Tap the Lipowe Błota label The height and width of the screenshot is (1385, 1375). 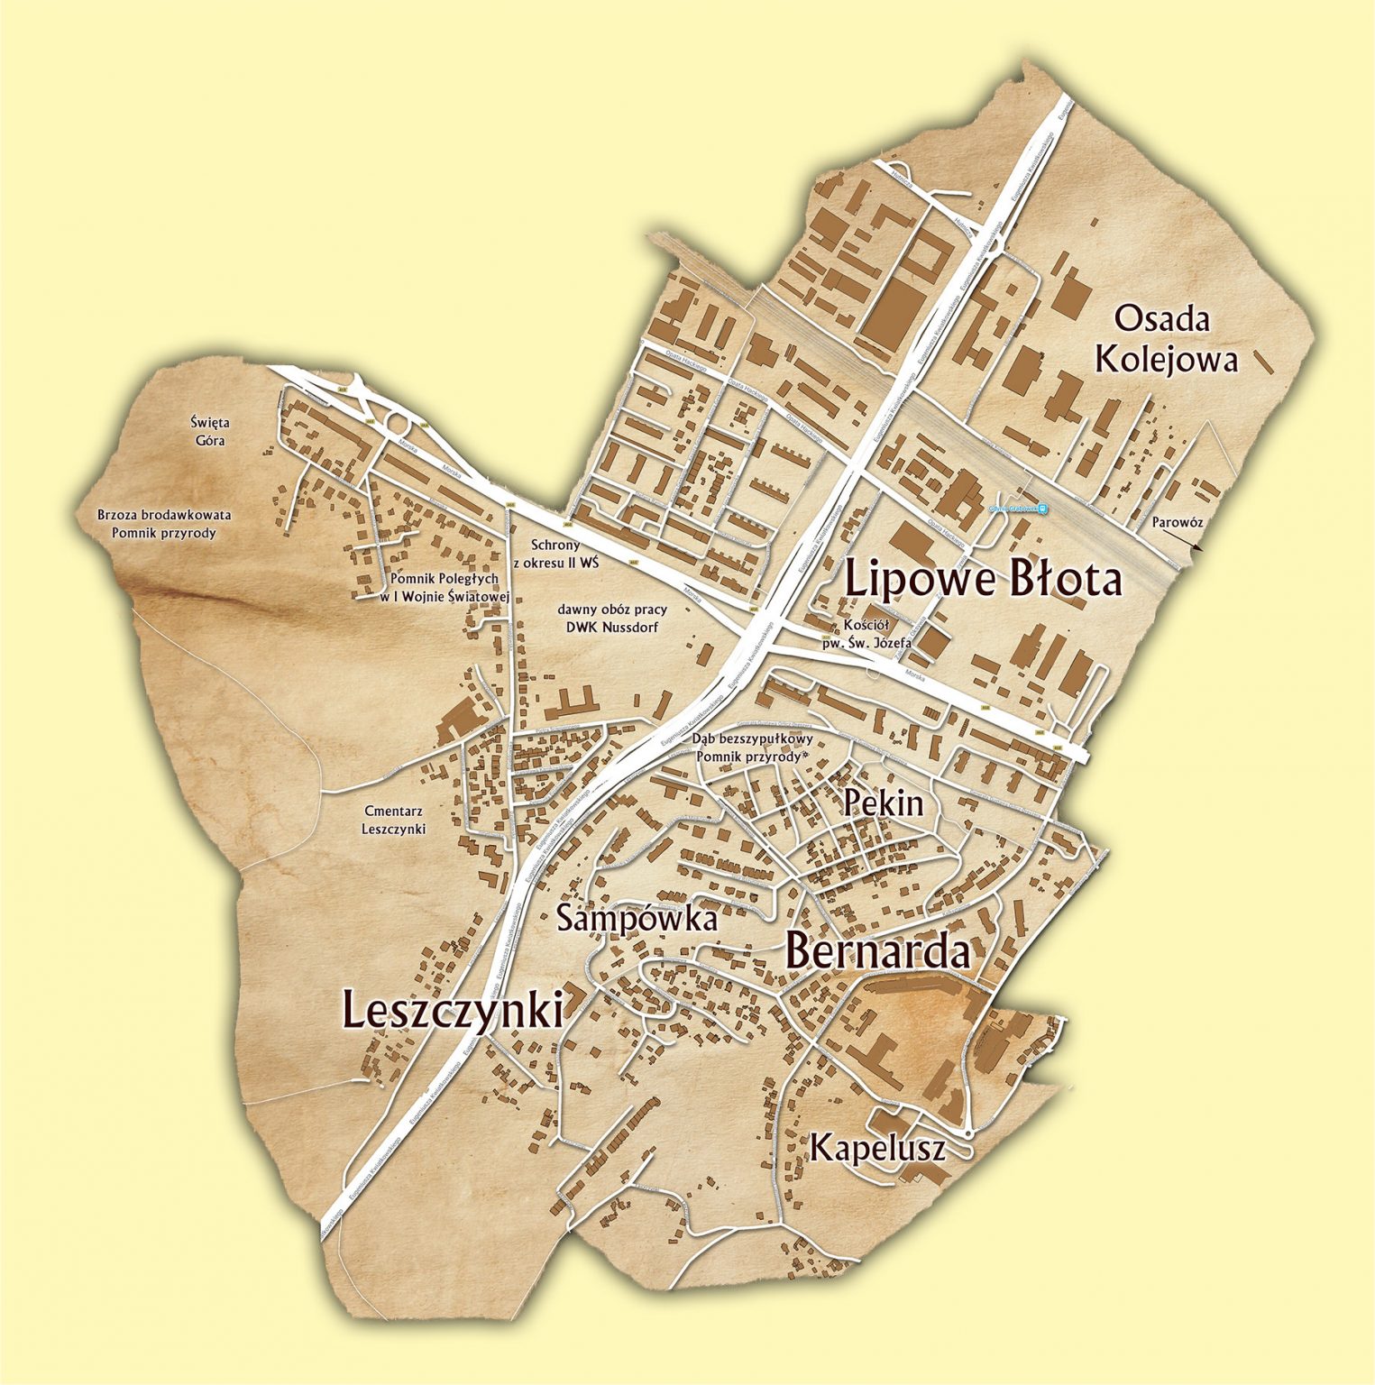pyautogui.click(x=984, y=579)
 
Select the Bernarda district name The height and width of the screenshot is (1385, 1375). pyautogui.click(x=878, y=950)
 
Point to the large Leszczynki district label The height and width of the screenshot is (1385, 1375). pyautogui.click(x=453, y=1009)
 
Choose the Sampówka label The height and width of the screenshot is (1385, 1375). pyautogui.click(x=637, y=918)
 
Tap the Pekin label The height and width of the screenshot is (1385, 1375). pyautogui.click(x=884, y=803)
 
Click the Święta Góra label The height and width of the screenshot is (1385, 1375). pyautogui.click(x=209, y=431)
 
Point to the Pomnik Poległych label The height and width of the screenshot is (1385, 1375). pyautogui.click(x=445, y=587)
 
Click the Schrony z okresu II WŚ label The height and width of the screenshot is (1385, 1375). pyautogui.click(x=555, y=553)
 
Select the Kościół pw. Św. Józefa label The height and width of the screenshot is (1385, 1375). pyautogui.click(x=866, y=634)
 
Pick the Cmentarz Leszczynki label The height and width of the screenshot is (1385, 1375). pyautogui.click(x=394, y=820)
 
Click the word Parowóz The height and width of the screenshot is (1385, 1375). pyautogui.click(x=1177, y=522)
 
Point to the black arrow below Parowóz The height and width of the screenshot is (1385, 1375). pyautogui.click(x=1182, y=540)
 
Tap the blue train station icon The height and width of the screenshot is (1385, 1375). pyautogui.click(x=1042, y=509)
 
